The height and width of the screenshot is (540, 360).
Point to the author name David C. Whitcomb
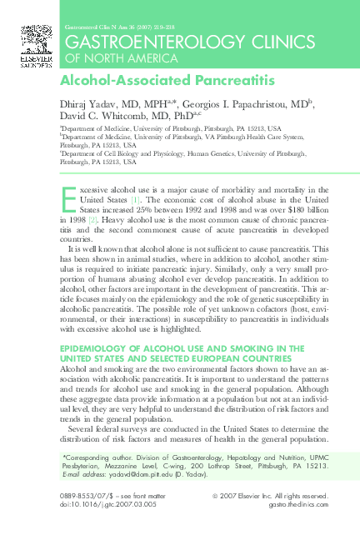click(x=100, y=116)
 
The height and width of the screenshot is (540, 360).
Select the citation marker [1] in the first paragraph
click(x=134, y=201)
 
